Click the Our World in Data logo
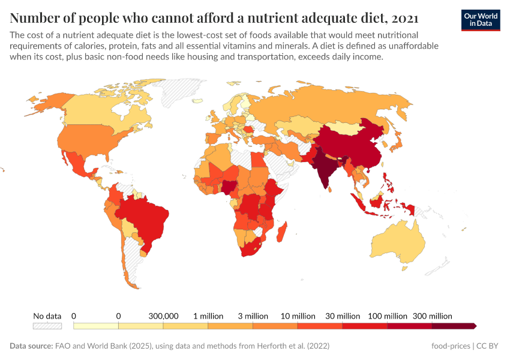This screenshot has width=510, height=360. point(481,20)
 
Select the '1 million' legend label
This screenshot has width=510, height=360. point(208,316)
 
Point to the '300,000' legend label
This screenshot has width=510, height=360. point(163,316)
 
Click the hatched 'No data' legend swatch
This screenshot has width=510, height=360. point(47,326)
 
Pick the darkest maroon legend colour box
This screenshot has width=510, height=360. point(453,326)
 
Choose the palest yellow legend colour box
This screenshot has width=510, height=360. point(96,326)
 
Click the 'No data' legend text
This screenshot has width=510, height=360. point(47,316)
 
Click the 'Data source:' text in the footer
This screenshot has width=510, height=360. point(30,346)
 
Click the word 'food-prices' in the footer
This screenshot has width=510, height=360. point(451,346)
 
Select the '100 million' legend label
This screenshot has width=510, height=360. point(386,316)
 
